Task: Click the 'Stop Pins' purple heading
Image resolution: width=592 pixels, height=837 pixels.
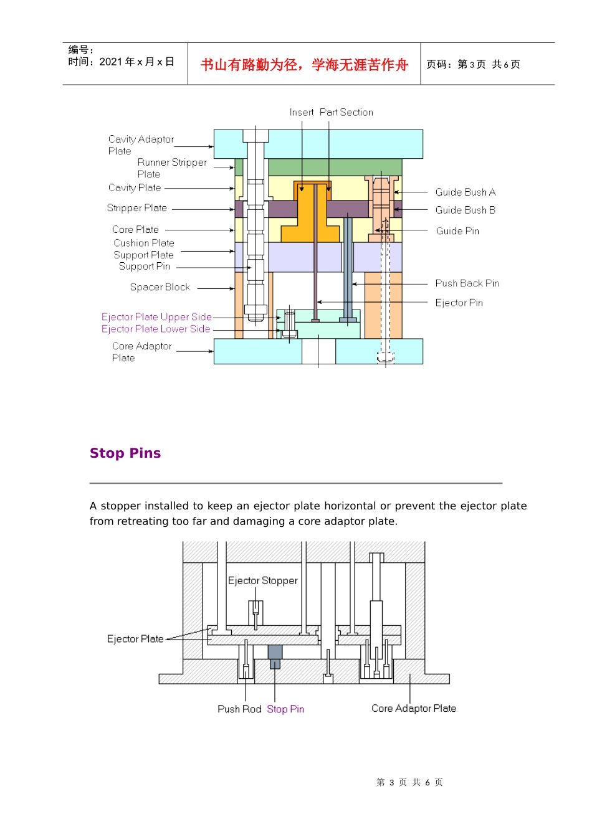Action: click(x=125, y=453)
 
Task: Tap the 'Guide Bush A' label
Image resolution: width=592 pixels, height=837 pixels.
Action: click(x=465, y=192)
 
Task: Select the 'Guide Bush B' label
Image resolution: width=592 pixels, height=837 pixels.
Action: click(x=465, y=210)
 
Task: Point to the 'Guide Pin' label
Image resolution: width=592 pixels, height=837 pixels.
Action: click(x=457, y=231)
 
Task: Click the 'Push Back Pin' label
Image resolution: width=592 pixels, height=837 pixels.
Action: click(x=467, y=283)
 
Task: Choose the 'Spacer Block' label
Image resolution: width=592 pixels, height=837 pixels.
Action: click(x=160, y=287)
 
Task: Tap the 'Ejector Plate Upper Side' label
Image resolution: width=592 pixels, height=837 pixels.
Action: click(x=156, y=317)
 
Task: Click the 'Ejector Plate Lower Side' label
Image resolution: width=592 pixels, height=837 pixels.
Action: click(x=156, y=329)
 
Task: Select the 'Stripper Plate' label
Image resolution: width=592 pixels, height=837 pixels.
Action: click(x=136, y=208)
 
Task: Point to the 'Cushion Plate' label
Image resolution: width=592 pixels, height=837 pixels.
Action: click(x=144, y=243)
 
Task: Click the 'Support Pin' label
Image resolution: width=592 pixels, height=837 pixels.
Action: click(x=145, y=267)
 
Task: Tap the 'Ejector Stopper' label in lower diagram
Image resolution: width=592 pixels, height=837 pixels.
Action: click(x=262, y=581)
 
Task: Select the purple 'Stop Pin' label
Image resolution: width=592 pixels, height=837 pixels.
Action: click(x=285, y=709)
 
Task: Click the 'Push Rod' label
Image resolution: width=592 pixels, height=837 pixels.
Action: click(x=239, y=709)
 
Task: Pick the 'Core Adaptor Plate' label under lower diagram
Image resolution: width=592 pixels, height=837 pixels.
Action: click(x=414, y=709)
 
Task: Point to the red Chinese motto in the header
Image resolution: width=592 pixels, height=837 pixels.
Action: click(x=304, y=65)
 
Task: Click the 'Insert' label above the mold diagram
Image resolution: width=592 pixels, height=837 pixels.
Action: click(x=302, y=113)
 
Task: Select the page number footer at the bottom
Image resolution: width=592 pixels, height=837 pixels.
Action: click(x=409, y=783)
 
